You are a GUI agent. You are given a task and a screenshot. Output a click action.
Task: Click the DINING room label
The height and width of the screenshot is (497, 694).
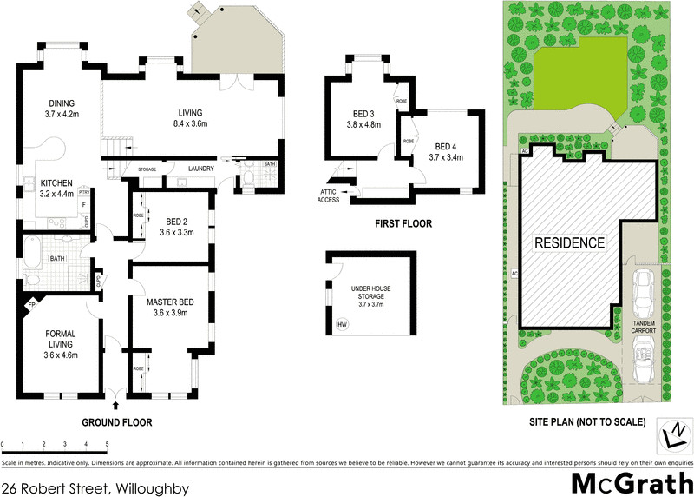pyautogui.click(x=62, y=108)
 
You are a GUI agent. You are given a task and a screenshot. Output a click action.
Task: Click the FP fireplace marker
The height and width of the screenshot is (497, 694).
pyautogui.click(x=31, y=305)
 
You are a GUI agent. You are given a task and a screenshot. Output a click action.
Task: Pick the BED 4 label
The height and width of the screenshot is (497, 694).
pyautogui.click(x=446, y=151)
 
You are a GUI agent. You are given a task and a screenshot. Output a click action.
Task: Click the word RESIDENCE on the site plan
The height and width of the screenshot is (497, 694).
pyautogui.click(x=568, y=242)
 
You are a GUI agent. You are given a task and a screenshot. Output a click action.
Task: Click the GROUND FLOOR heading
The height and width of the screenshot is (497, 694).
pyautogui.click(x=116, y=422)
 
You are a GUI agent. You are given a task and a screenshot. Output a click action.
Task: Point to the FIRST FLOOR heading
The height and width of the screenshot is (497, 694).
pyautogui.click(x=403, y=223)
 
